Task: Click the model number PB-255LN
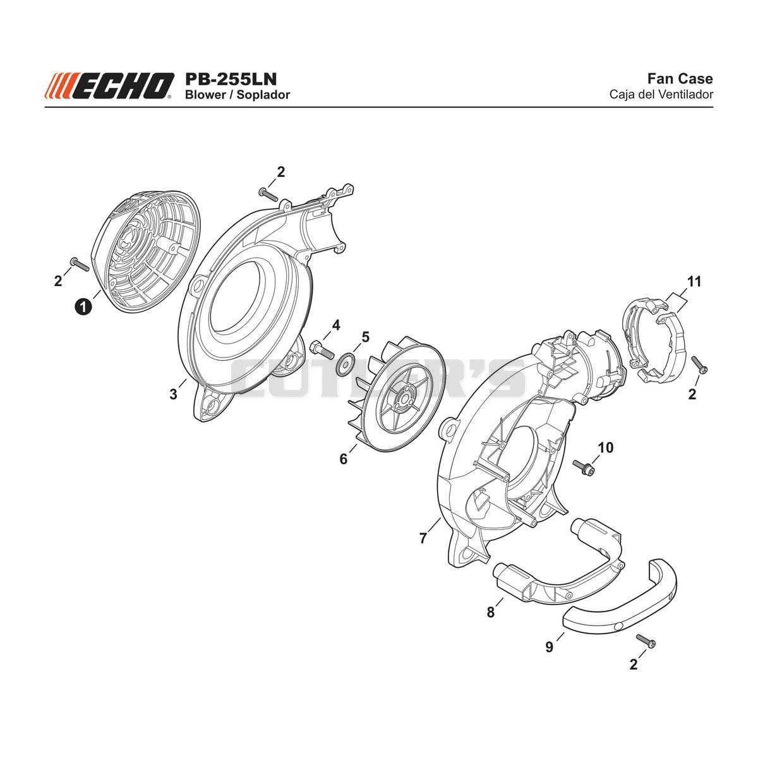pyautogui.click(x=231, y=80)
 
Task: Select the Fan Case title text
pyautogui.click(x=680, y=79)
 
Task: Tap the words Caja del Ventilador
pyautogui.click(x=661, y=95)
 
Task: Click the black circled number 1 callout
pyautogui.click(x=83, y=306)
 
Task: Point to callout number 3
pyautogui.click(x=174, y=394)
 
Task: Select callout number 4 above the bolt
pyautogui.click(x=336, y=325)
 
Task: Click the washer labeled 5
pyautogui.click(x=345, y=362)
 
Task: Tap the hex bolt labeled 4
pyautogui.click(x=322, y=350)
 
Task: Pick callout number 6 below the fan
pyautogui.click(x=344, y=459)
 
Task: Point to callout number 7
pyautogui.click(x=423, y=538)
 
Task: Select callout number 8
pyautogui.click(x=491, y=612)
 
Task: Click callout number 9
pyautogui.click(x=549, y=646)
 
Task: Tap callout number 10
pyautogui.click(x=606, y=447)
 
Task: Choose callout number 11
pyautogui.click(x=694, y=282)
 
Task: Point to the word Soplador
pyautogui.click(x=263, y=95)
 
